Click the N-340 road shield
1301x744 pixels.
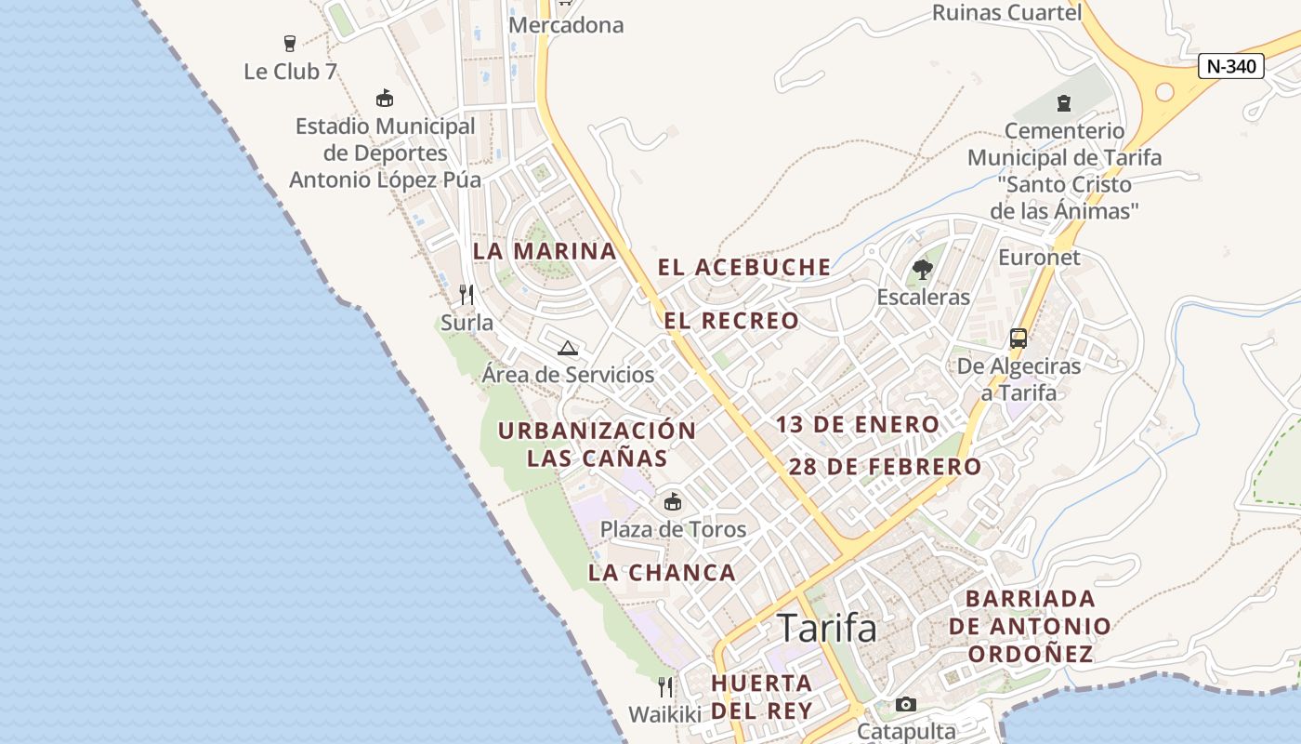click(1230, 66)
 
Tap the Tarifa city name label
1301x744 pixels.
click(826, 629)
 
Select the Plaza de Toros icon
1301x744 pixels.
click(673, 502)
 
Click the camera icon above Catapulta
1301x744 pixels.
click(906, 704)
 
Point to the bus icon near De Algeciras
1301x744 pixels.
click(1018, 339)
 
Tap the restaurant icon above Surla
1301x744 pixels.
click(467, 295)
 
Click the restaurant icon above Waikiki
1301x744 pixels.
click(665, 687)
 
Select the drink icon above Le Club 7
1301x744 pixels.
click(290, 43)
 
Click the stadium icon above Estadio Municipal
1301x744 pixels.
click(384, 98)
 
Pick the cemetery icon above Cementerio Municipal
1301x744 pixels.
click(1064, 103)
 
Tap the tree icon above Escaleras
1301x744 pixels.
click(923, 270)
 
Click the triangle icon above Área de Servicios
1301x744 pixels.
click(568, 349)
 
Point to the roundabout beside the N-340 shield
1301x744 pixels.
click(1163, 92)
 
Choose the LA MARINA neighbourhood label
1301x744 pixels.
click(545, 251)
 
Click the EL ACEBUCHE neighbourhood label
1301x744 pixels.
click(744, 268)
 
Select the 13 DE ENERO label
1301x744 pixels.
click(858, 425)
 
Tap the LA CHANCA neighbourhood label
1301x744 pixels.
click(662, 573)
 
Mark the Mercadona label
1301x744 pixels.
click(566, 25)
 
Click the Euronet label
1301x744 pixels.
click(1039, 258)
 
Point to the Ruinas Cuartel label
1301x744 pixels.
click(1006, 12)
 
